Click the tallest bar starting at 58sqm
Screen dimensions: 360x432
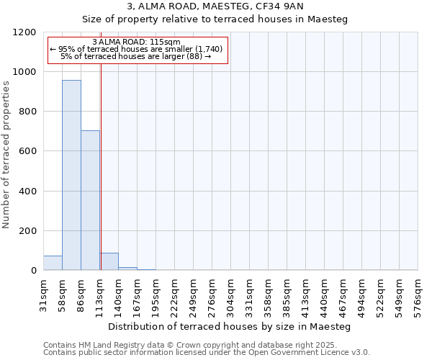click(x=71, y=175)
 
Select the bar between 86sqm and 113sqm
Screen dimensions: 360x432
click(x=90, y=200)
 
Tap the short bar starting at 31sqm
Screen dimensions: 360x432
click(x=53, y=263)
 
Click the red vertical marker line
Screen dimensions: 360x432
click(x=101, y=166)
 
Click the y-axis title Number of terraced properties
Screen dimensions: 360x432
click(x=6, y=155)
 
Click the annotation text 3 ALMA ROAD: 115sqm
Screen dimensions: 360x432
click(x=137, y=42)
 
